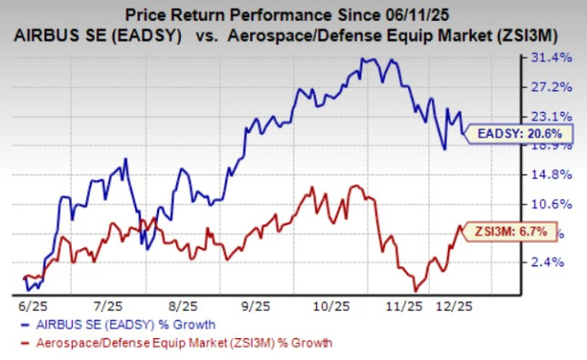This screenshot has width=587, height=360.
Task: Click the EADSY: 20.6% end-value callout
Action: pyautogui.click(x=520, y=134)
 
